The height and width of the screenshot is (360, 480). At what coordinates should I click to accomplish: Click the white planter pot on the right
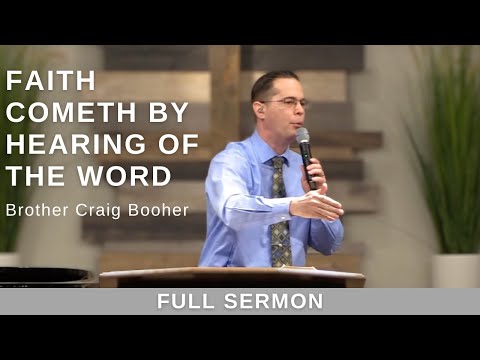tap(455, 270)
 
